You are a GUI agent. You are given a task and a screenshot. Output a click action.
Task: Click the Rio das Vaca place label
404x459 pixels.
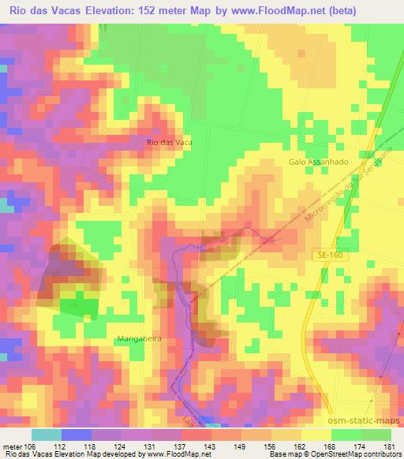[x=170, y=142]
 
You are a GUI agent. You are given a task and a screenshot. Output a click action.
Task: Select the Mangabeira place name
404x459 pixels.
[x=139, y=339]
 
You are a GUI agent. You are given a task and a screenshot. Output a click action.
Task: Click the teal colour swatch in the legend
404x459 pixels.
[x=46, y=434]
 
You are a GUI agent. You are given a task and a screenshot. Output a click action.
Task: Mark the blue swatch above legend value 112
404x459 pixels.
[x=76, y=434]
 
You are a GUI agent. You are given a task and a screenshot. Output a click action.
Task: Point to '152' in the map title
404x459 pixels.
[x=159, y=10]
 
